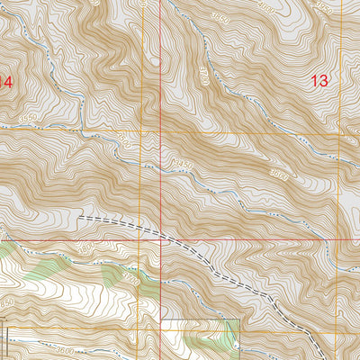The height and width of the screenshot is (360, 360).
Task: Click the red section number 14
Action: coord(6,81)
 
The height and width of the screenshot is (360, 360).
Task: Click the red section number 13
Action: coord(319,80)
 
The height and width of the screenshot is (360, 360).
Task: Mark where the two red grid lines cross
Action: coord(161,240)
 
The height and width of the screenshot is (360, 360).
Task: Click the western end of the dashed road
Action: coord(80,216)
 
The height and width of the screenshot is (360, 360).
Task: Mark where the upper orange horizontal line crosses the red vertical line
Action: coord(161,131)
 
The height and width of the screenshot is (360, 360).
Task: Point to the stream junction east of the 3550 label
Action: coord(85,134)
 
